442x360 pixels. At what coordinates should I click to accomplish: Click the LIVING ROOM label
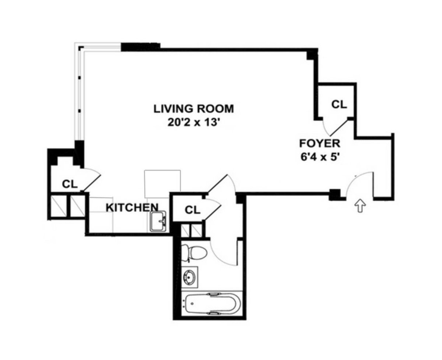coord(194,109)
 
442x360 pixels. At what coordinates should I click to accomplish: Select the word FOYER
coord(319,143)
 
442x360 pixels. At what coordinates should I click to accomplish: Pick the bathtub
coord(211,303)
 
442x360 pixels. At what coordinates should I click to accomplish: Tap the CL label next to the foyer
coord(339,104)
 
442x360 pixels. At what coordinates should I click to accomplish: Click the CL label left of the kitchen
coord(69,184)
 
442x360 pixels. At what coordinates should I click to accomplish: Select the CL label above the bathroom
coord(192,210)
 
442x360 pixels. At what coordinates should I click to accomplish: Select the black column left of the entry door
coord(334,194)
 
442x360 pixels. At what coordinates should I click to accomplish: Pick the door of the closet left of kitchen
coord(92,182)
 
